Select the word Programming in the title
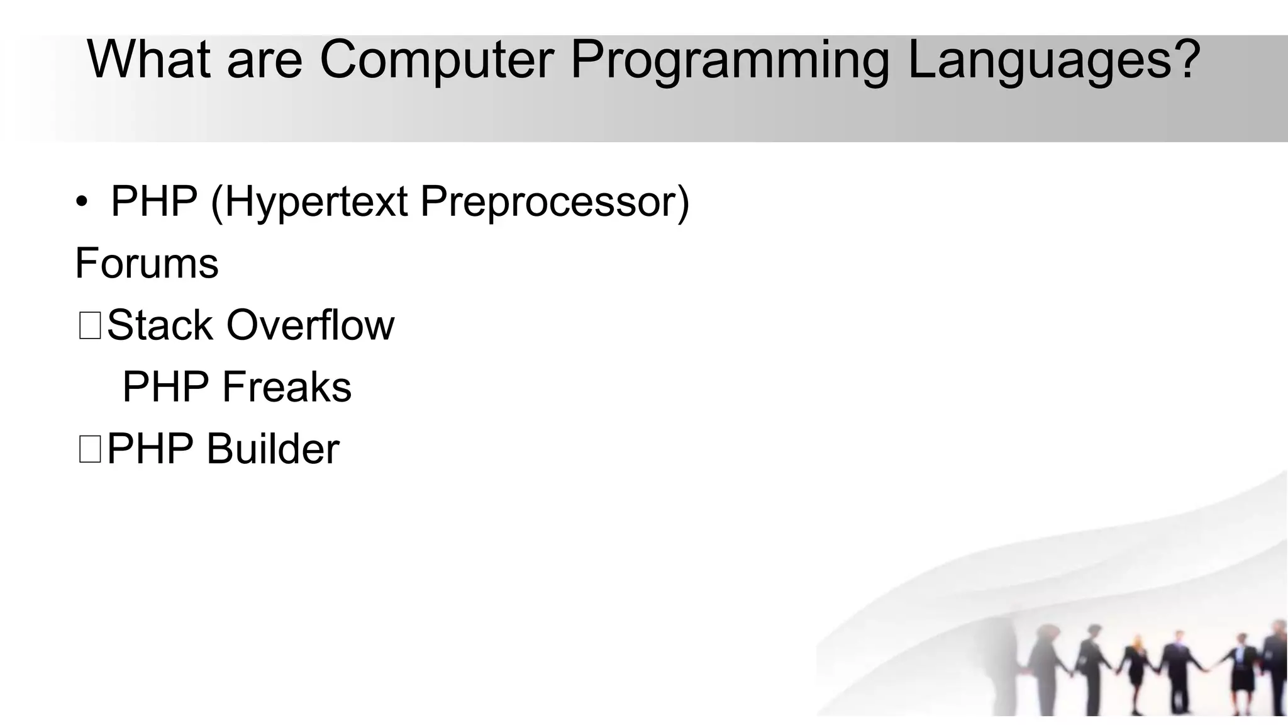click(x=730, y=62)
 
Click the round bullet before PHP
click(x=82, y=203)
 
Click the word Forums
click(x=147, y=263)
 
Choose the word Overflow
click(x=310, y=325)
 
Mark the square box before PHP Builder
click(x=90, y=450)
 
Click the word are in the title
click(x=264, y=60)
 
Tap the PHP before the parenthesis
click(x=154, y=203)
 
